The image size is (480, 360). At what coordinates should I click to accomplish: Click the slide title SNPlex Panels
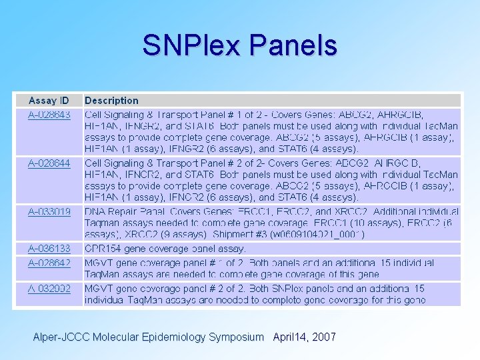pyautogui.click(x=239, y=45)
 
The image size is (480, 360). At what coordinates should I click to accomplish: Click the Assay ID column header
pyautogui.click(x=48, y=101)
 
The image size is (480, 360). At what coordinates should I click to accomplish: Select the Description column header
pyautogui.click(x=111, y=101)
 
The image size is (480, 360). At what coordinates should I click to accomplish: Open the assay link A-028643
pyautogui.click(x=49, y=115)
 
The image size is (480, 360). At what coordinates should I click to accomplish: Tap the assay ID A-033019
pyautogui.click(x=49, y=211)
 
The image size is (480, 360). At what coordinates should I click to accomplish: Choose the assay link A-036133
pyautogui.click(x=49, y=248)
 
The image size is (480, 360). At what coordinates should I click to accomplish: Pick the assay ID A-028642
pyautogui.click(x=49, y=263)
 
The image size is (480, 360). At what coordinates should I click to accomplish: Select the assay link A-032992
pyautogui.click(x=49, y=289)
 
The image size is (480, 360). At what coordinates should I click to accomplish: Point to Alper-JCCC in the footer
pyautogui.click(x=60, y=337)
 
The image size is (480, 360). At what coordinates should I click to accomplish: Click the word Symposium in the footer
pyautogui.click(x=236, y=337)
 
